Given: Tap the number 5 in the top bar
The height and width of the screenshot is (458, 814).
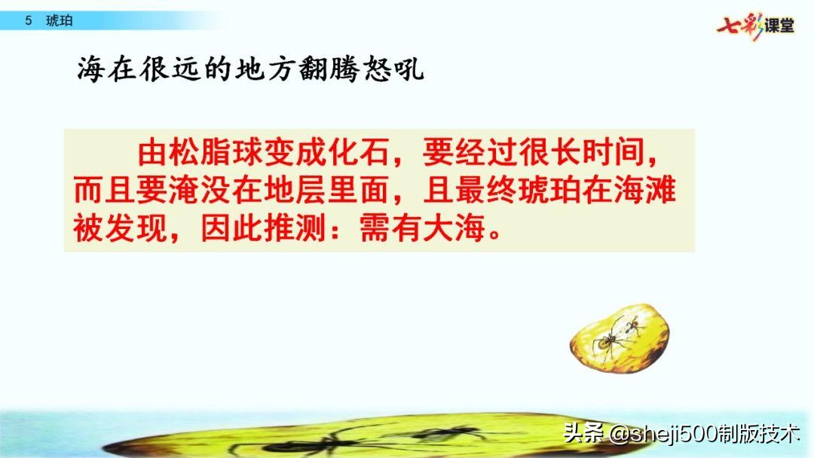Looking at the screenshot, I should [x=28, y=21].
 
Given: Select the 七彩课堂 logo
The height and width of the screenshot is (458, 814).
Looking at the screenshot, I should [x=755, y=26].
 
